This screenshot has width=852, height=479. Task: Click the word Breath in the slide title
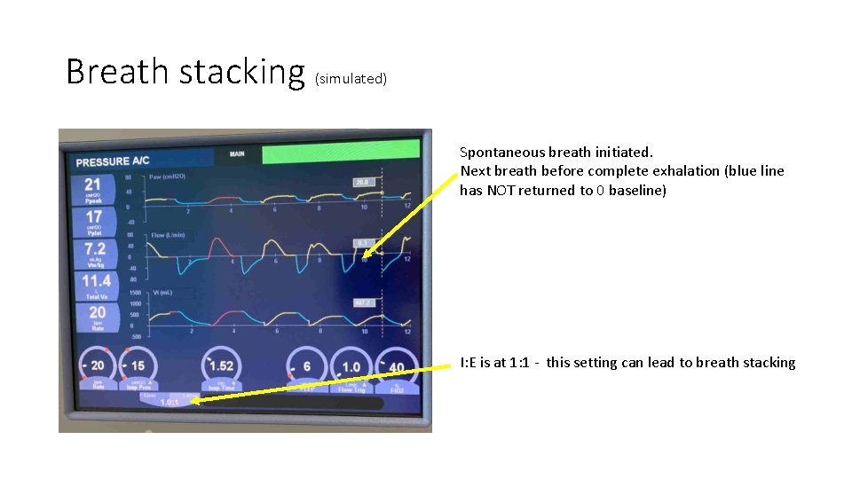tap(119, 71)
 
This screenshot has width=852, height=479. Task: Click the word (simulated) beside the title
tap(351, 79)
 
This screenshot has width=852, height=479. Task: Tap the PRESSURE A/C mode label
tap(113, 161)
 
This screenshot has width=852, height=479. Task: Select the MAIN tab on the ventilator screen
tap(237, 154)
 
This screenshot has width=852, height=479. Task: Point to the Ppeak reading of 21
tap(93, 185)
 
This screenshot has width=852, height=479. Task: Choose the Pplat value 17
tap(93, 216)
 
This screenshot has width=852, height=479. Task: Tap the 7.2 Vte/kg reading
tap(94, 249)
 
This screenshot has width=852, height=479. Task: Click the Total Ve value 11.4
tap(96, 281)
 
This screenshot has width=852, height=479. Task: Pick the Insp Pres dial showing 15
tap(138, 366)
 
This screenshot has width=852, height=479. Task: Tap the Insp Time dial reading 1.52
tap(221, 366)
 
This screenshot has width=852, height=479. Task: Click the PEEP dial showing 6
tap(306, 366)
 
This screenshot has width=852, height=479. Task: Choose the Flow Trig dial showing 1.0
tap(351, 366)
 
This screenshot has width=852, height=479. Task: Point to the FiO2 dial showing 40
tap(395, 366)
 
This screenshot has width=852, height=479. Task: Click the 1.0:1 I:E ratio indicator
tap(169, 402)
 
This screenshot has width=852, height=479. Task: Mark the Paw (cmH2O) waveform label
tap(167, 177)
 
